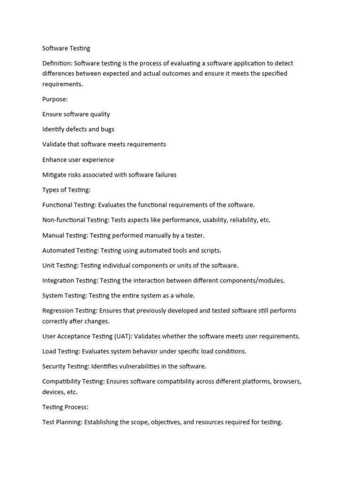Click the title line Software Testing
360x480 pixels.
click(66, 48)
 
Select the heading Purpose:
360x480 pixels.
click(55, 99)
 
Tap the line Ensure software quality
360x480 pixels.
click(76, 114)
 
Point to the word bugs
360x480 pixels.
click(107, 129)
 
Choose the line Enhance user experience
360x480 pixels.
click(78, 159)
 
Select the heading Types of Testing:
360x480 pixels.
click(66, 190)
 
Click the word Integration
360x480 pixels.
click(58, 280)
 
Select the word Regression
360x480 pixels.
click(58, 311)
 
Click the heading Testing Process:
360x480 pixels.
click(65, 407)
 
